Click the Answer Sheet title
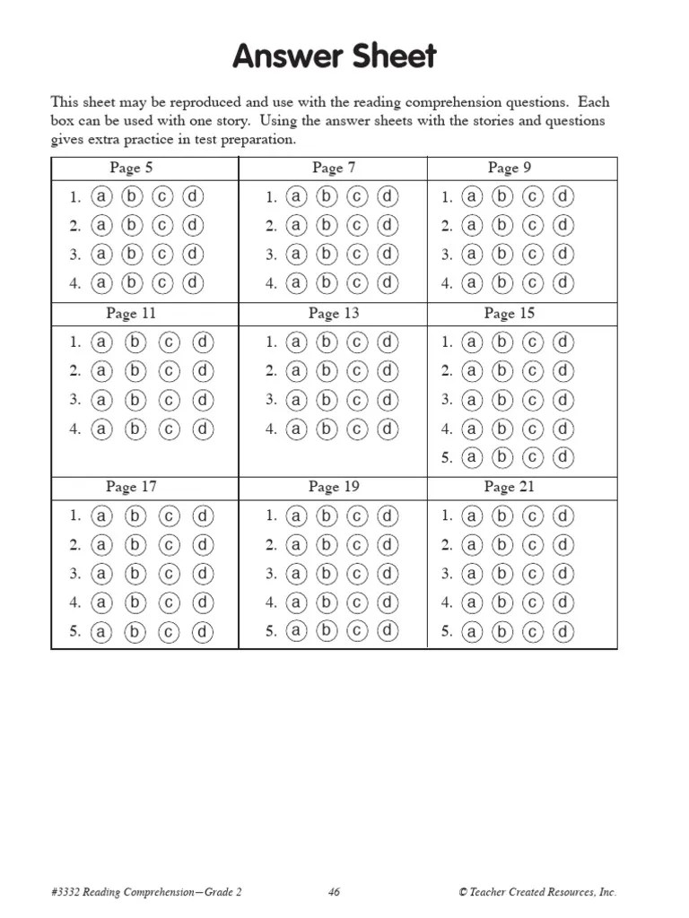335,56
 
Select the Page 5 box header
131,168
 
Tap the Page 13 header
334,313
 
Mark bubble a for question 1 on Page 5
102,196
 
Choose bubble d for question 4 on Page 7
387,283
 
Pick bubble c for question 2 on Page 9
533,225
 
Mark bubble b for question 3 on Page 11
135,400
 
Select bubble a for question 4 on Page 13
297,429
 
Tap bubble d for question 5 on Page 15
563,458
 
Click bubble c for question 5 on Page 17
170,632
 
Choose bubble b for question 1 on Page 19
327,515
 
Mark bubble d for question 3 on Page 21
563,574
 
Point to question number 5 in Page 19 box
271,632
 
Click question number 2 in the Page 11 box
75,371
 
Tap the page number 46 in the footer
334,892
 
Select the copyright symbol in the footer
463,892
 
